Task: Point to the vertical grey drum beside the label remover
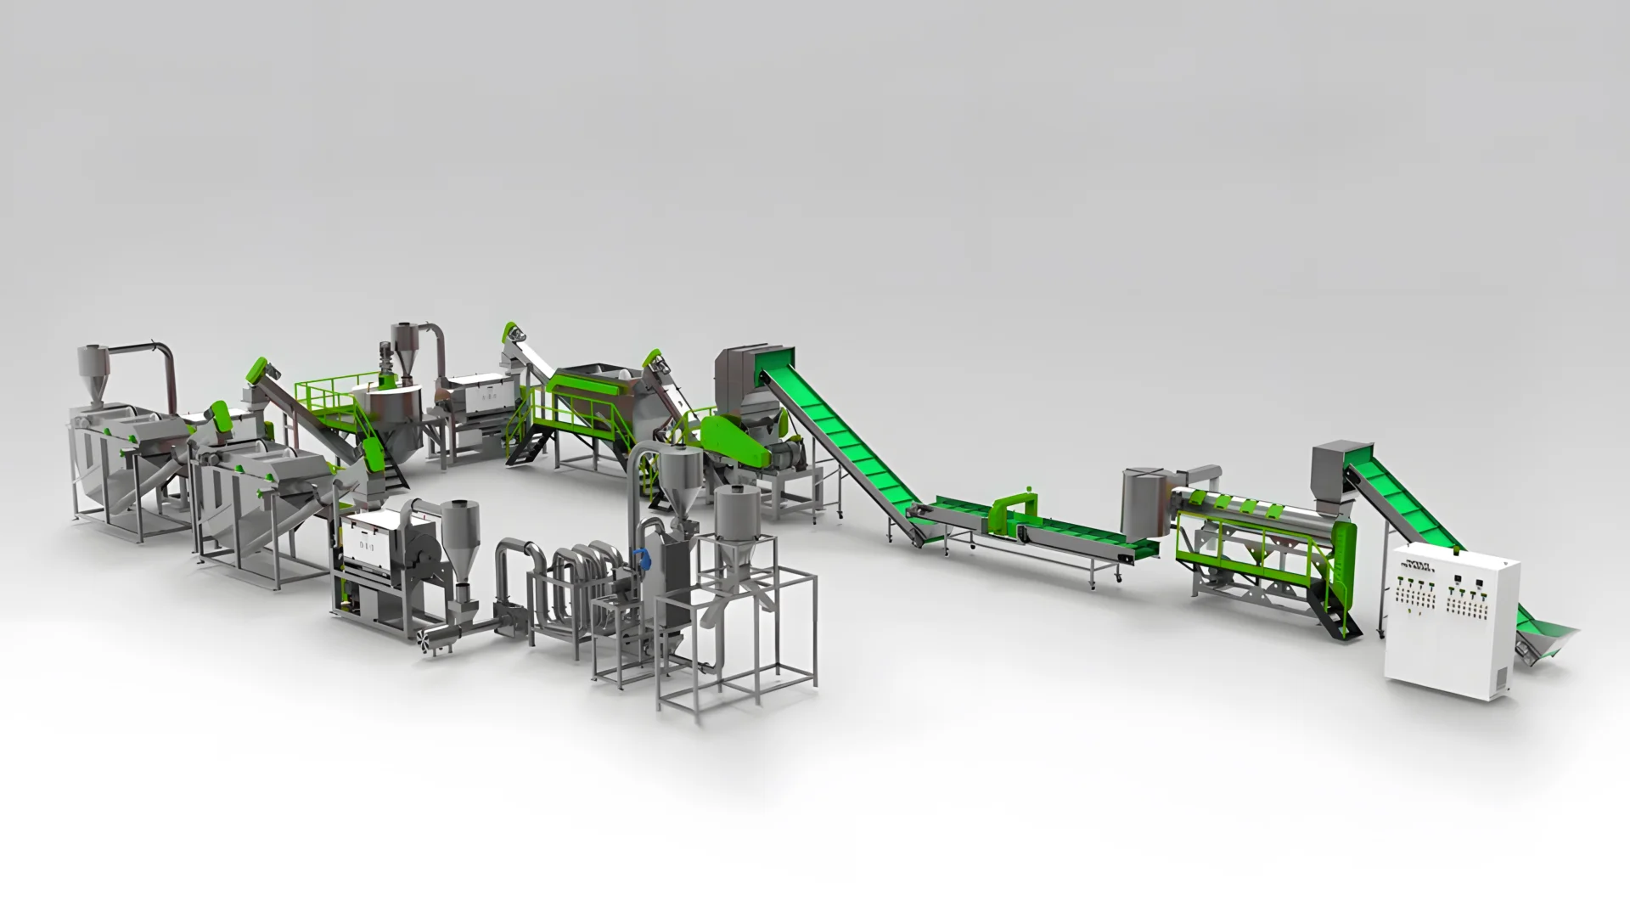click(1143, 501)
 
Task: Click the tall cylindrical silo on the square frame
click(735, 518)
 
